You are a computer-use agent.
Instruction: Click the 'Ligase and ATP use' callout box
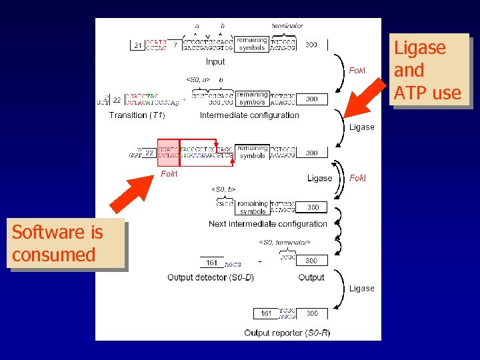(x=428, y=70)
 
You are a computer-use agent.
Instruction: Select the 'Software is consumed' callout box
(x=65, y=243)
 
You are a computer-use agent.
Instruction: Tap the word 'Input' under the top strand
(x=215, y=62)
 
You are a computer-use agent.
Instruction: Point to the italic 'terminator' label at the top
(x=287, y=26)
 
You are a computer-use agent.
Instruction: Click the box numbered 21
(x=137, y=45)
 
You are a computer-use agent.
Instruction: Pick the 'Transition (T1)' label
(x=137, y=115)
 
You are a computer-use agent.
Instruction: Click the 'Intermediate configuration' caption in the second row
(x=249, y=115)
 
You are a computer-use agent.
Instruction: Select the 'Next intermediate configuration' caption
(x=267, y=224)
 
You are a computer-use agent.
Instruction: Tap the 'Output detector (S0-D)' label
(x=210, y=277)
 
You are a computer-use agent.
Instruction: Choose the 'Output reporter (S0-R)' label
(x=287, y=332)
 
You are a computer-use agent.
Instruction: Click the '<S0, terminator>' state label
(x=285, y=242)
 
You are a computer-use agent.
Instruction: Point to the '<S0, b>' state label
(x=224, y=189)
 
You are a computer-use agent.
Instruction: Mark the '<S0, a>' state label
(x=199, y=80)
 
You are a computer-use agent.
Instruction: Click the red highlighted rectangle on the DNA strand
(x=168, y=153)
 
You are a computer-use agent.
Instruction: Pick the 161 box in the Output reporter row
(x=265, y=313)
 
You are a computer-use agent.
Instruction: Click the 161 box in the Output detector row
(x=212, y=262)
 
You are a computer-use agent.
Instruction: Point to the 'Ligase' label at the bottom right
(x=362, y=289)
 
